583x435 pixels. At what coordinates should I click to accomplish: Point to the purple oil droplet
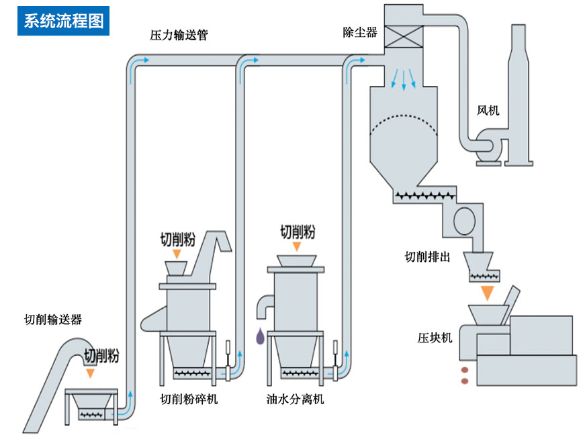[259, 336]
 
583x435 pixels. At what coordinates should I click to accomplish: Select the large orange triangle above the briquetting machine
[488, 293]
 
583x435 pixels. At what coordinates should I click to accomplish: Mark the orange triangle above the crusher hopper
[177, 254]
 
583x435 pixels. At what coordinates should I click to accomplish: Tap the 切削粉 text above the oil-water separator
[298, 232]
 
